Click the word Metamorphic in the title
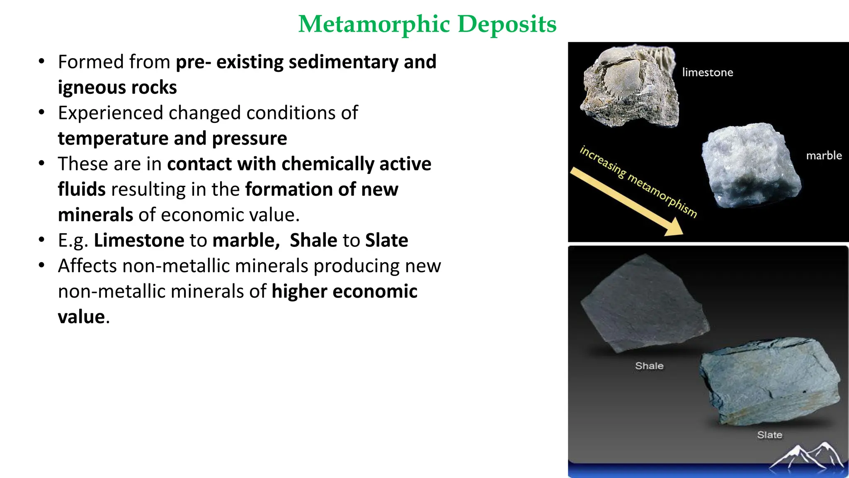pos(374,24)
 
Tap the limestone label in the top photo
pos(707,73)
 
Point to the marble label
pos(824,156)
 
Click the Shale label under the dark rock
pos(649,366)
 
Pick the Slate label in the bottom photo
pos(769,435)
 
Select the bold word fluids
pos(82,190)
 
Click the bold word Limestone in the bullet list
pos(139,241)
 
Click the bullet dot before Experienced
pos(41,112)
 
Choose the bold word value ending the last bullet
pos(81,317)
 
